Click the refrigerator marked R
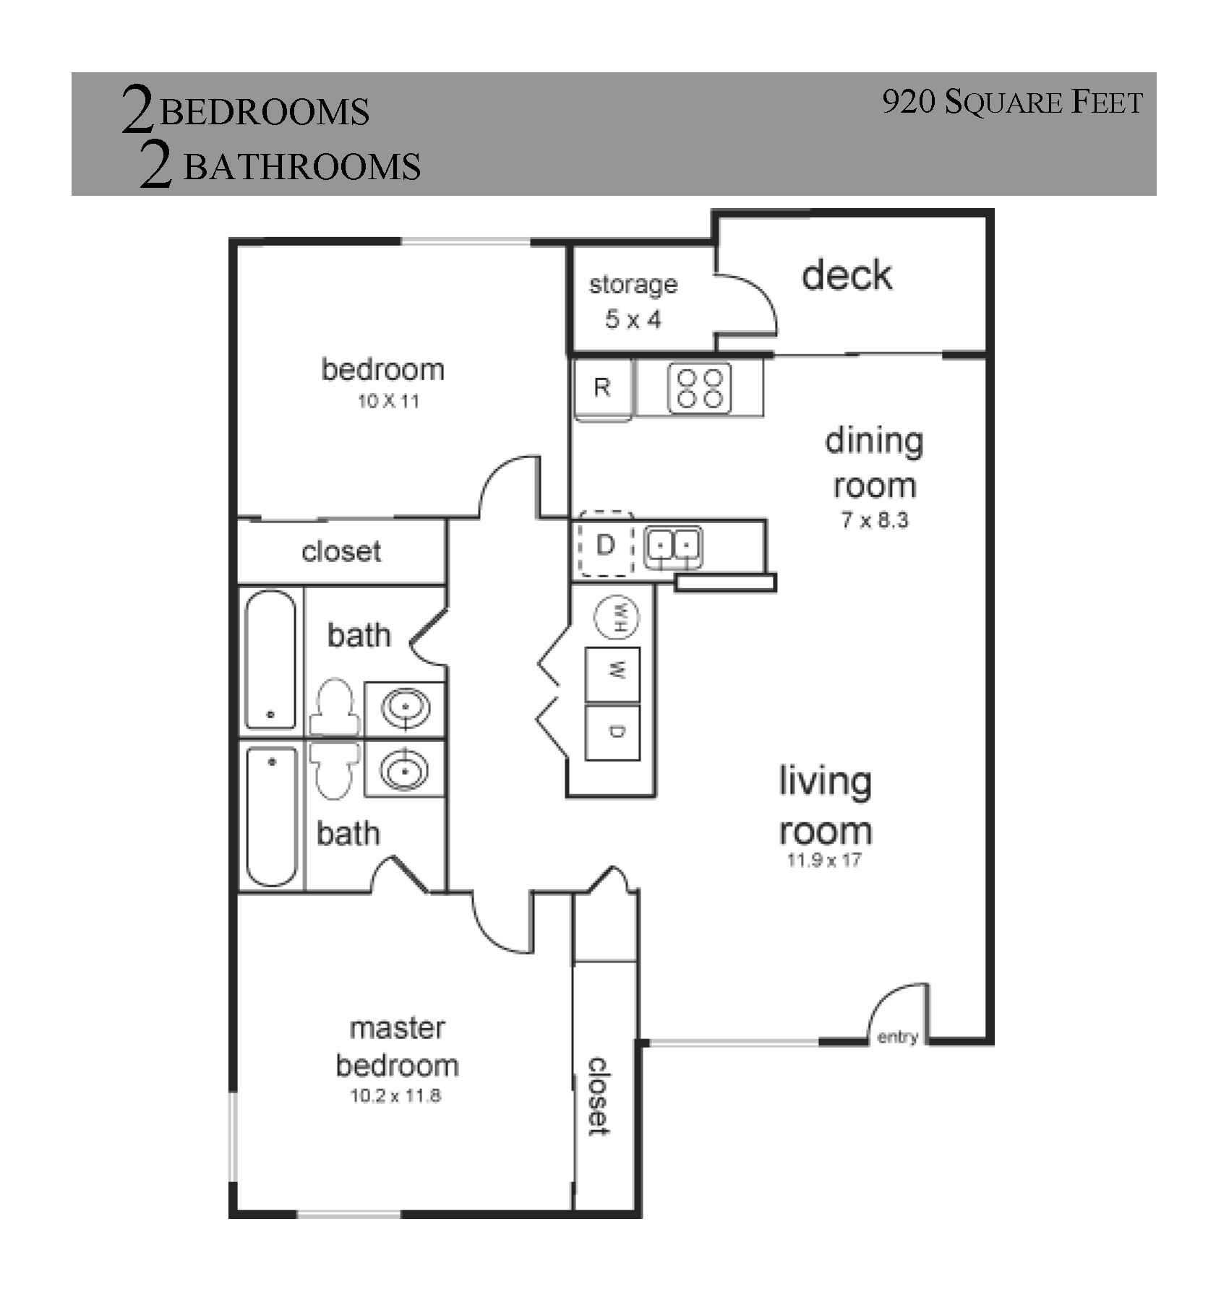(x=604, y=389)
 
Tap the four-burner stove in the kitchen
(x=699, y=389)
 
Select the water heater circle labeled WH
(x=617, y=617)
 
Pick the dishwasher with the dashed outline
(x=606, y=545)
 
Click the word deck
(x=847, y=275)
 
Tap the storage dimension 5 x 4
(x=633, y=319)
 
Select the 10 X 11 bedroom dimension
(x=388, y=401)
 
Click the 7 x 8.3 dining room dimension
(x=875, y=520)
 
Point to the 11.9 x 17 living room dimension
(x=824, y=860)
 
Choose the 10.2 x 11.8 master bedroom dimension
(x=395, y=1096)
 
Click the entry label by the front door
(x=897, y=1038)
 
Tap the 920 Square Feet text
(x=1013, y=102)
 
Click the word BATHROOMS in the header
(x=302, y=167)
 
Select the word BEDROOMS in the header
(x=265, y=113)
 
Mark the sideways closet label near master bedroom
(x=599, y=1097)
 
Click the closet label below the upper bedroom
(x=341, y=552)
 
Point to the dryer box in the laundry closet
(x=612, y=733)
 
